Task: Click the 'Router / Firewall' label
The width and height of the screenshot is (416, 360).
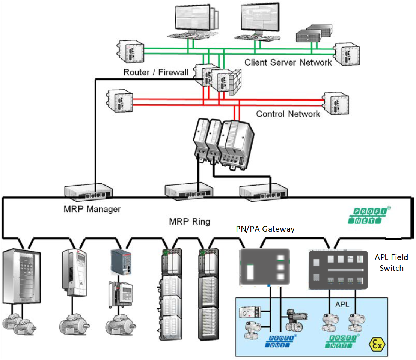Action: point(156,72)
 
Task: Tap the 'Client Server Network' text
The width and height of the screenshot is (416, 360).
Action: point(288,62)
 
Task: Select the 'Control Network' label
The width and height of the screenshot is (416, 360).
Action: point(288,114)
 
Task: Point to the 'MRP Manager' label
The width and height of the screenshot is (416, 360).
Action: point(92,209)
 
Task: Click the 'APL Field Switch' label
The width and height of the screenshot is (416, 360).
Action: point(391,262)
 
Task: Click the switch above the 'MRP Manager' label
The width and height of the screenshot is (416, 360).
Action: point(89,191)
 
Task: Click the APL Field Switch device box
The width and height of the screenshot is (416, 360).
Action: point(338,270)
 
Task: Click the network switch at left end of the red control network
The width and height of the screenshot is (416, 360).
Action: point(120,100)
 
